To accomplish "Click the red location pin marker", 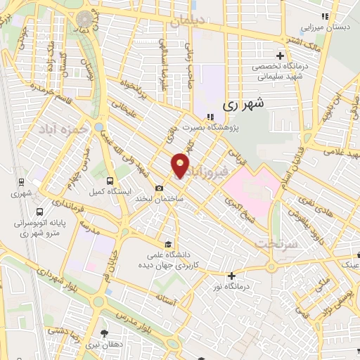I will pyautogui.click(x=181, y=165).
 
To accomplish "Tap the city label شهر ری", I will pyautogui.click(x=245, y=104).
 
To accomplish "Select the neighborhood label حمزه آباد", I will pyautogui.click(x=76, y=129).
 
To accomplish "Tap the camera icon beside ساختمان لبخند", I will pyautogui.click(x=160, y=188).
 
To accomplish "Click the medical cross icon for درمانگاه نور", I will pyautogui.click(x=231, y=275).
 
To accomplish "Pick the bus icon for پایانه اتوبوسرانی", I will pyautogui.click(x=39, y=211).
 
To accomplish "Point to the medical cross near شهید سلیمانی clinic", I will pyautogui.click(x=281, y=56).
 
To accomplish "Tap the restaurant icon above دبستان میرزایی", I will pyautogui.click(x=324, y=16).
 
